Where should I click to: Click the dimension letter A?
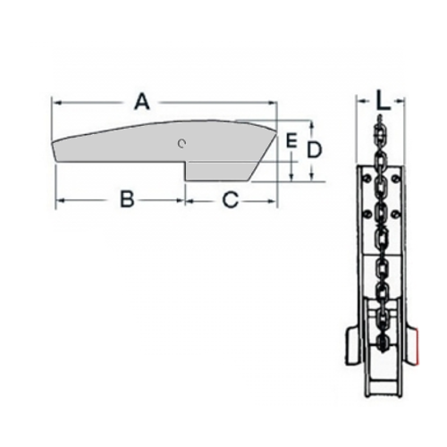142,101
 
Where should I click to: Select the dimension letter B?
127,199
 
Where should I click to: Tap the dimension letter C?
231,199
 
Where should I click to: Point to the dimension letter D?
315,150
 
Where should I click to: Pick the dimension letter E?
291,140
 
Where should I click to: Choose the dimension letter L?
383,100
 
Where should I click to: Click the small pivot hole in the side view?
181,144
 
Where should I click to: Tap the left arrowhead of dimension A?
56,103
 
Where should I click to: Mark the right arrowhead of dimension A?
273,103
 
